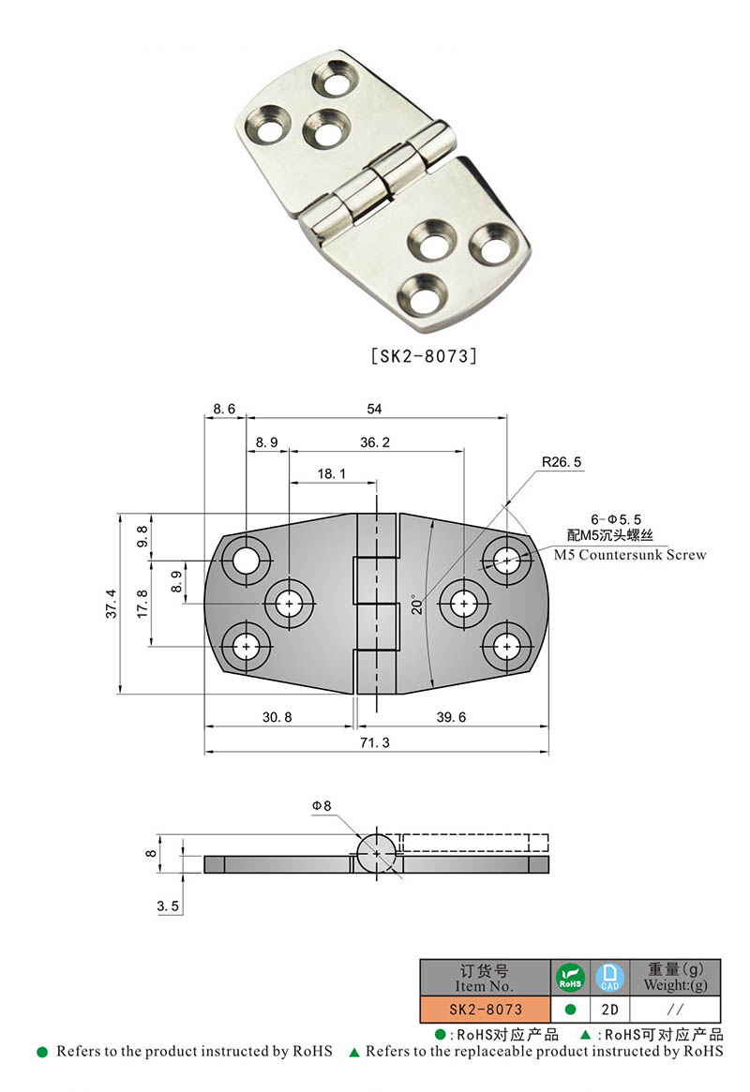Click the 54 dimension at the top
[x=376, y=409]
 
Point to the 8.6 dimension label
[x=225, y=409]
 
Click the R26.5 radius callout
[x=562, y=462]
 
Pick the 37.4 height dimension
[x=112, y=605]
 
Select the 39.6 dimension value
[x=452, y=717]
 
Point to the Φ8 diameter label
[x=322, y=805]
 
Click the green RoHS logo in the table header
[x=570, y=978]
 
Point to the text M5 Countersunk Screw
[x=629, y=555]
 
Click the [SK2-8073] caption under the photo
[x=425, y=356]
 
